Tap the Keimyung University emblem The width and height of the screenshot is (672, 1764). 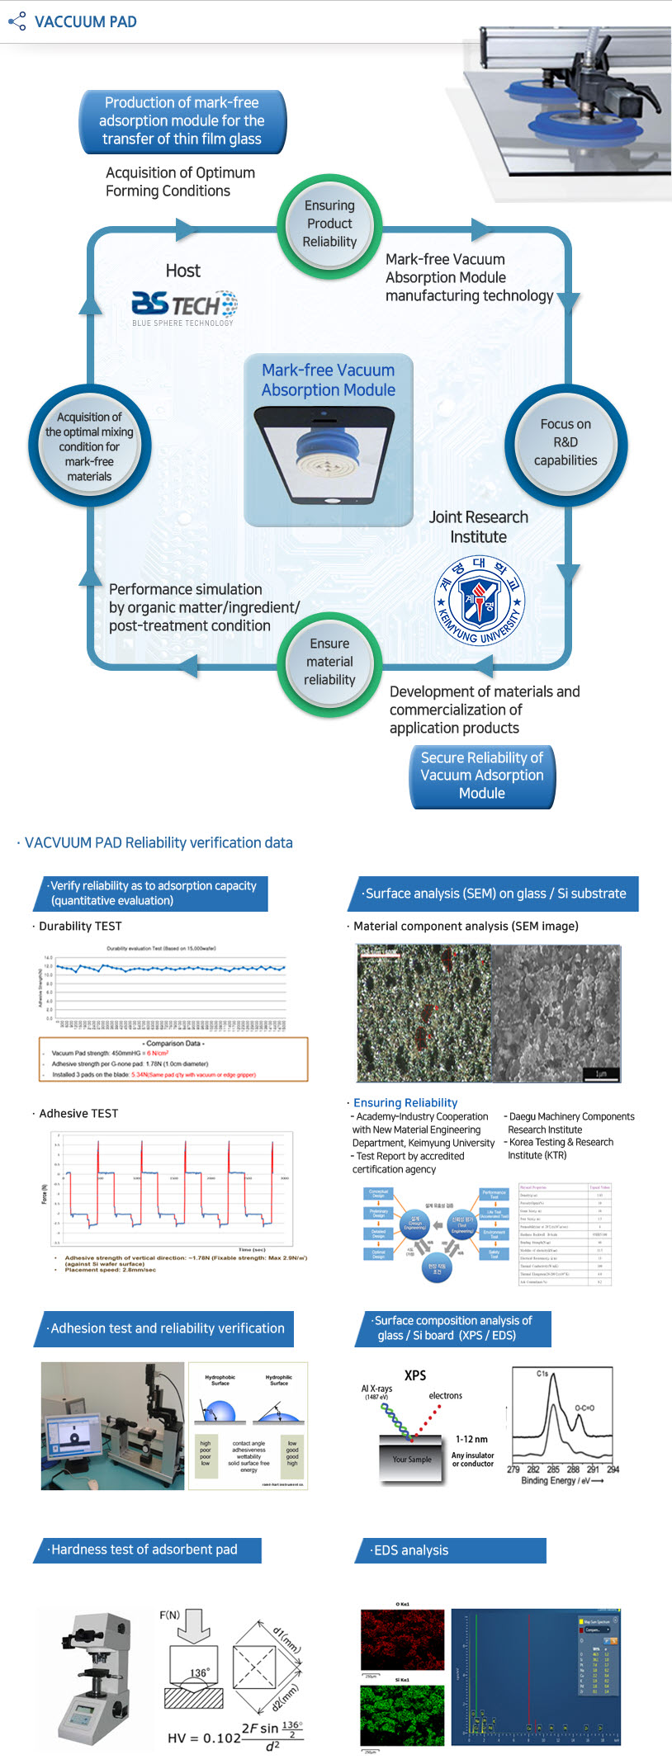click(x=480, y=600)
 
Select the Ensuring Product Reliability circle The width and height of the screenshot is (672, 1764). click(x=329, y=224)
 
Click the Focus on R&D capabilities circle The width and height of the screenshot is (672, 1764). click(x=566, y=443)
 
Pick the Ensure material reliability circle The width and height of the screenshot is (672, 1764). click(x=329, y=662)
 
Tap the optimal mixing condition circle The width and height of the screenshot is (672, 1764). click(x=89, y=446)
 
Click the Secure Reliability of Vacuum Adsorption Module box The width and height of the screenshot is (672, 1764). click(x=482, y=776)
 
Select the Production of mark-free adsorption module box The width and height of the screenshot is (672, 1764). click(x=182, y=121)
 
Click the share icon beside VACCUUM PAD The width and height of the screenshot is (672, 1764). click(x=17, y=21)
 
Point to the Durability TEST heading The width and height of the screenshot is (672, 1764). click(x=80, y=926)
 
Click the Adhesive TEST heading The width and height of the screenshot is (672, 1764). click(x=78, y=1113)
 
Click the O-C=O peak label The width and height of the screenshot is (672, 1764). click(x=584, y=1408)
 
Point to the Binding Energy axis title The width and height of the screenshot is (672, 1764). click(x=561, y=1480)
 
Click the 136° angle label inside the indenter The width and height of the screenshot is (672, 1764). click(x=198, y=1673)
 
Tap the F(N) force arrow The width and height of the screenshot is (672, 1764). click(x=194, y=1626)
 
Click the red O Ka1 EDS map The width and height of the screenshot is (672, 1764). click(x=391, y=1639)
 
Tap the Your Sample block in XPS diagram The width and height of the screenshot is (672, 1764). click(x=411, y=1459)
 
